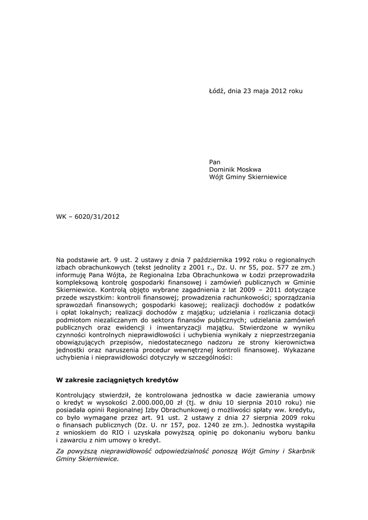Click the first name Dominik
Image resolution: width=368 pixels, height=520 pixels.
click(222, 170)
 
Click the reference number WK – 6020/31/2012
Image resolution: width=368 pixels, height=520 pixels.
click(88, 217)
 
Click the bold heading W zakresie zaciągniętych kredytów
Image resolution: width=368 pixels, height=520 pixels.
click(117, 379)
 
